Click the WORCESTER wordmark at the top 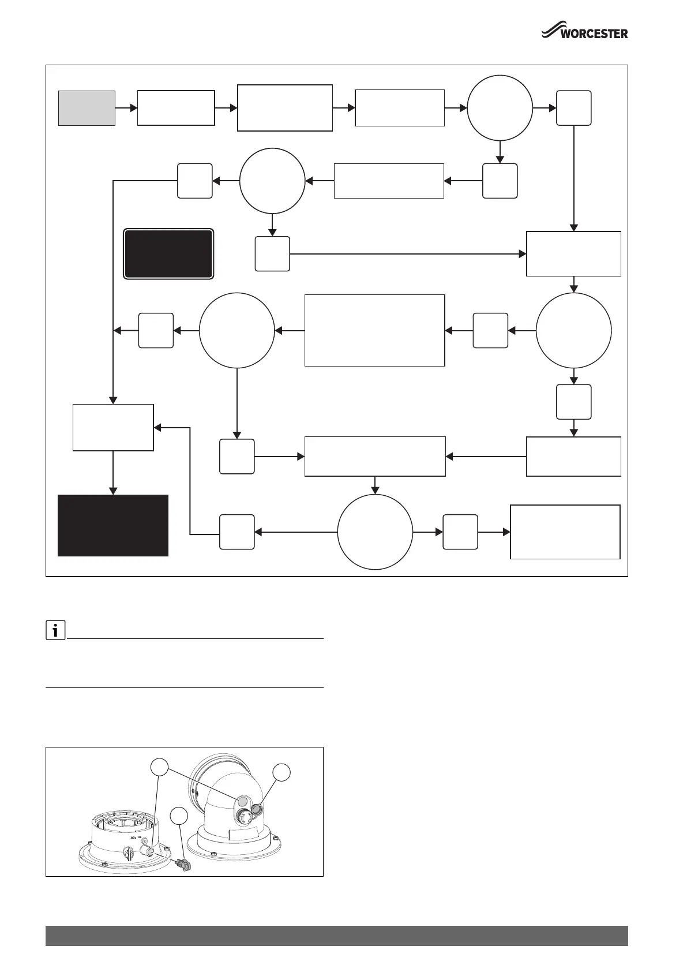[595, 33]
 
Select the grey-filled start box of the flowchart [87, 108]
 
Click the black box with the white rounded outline [169, 254]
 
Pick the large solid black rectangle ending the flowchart [113, 525]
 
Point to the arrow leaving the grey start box [126, 108]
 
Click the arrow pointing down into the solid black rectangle [113, 473]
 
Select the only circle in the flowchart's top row [500, 108]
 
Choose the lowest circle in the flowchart [375, 532]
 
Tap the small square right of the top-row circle [574, 108]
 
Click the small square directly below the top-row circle [500, 181]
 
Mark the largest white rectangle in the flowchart [374, 330]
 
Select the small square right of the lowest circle [460, 532]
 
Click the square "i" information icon [55, 631]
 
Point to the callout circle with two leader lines [160, 767]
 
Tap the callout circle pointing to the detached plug [179, 816]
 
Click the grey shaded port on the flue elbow [243, 801]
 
